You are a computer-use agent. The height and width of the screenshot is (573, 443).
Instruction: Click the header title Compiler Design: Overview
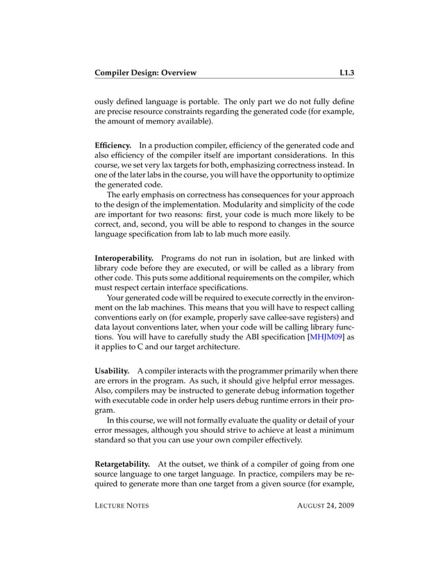click(146, 72)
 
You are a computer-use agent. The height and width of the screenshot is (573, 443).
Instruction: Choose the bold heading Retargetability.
click(122, 463)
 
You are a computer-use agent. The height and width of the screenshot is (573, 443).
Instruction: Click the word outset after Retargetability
click(194, 463)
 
